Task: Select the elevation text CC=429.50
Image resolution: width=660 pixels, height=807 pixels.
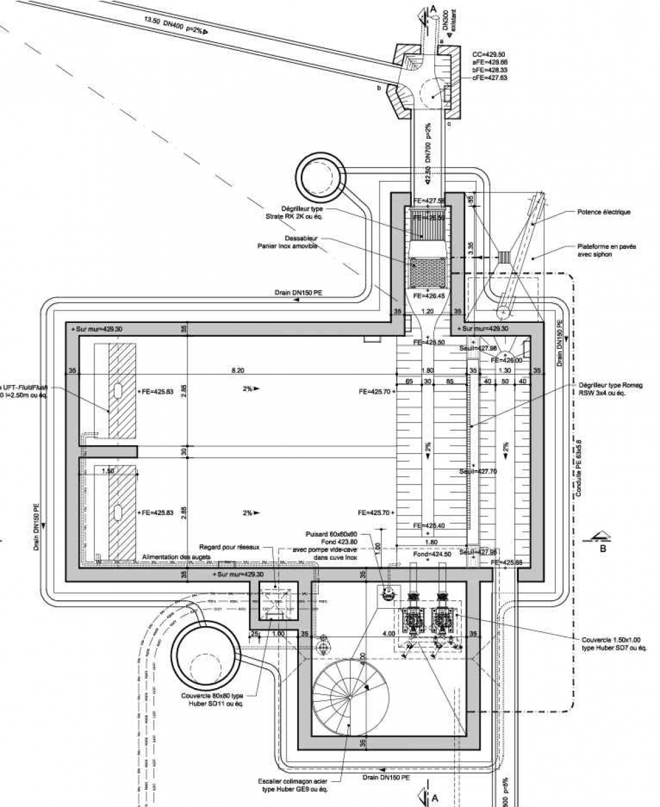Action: coord(490,54)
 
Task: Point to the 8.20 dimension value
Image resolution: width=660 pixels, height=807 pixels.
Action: coord(238,371)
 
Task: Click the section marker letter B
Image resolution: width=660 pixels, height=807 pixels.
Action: coord(602,547)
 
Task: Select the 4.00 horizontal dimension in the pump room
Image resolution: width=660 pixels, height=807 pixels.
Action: coord(389,633)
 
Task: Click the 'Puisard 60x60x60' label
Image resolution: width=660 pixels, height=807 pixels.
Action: coord(331,534)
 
